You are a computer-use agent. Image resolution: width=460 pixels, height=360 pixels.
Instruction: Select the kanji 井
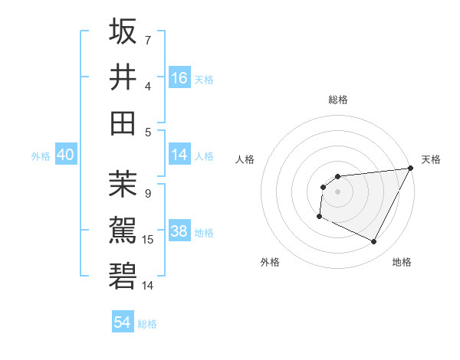tap(123, 77)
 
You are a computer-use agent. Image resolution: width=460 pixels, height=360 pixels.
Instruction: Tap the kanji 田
tap(123, 123)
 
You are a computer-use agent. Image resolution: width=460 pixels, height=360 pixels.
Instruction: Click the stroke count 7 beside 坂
tap(148, 40)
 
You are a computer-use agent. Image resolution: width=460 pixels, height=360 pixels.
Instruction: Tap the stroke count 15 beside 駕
tap(148, 240)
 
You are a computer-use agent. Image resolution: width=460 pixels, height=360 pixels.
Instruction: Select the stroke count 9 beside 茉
tap(148, 194)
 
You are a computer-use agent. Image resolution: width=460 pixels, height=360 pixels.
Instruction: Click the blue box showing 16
tap(179, 77)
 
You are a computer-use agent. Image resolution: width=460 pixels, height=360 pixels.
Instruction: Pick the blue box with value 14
tap(179, 155)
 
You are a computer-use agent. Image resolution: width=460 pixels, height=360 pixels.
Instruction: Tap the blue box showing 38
tap(179, 232)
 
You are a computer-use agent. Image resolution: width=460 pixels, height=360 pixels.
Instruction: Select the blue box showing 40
tap(65, 155)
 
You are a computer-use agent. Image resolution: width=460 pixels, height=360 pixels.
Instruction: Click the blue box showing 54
tap(123, 322)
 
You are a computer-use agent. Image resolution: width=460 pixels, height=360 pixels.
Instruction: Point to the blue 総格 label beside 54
tap(147, 324)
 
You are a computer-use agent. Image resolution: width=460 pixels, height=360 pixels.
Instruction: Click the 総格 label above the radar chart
tap(337, 100)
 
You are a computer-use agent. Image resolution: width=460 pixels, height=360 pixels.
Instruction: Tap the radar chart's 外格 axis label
tap(270, 262)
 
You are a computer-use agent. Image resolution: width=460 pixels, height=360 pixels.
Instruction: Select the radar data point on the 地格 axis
tap(374, 242)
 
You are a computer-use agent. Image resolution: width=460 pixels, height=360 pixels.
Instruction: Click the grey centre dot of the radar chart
tap(337, 191)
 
